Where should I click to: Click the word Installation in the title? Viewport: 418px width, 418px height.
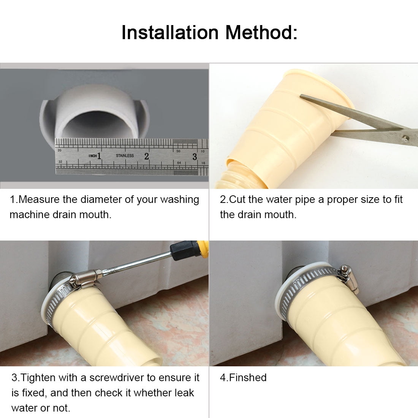(170, 33)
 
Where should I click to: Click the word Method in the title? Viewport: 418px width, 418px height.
(258, 33)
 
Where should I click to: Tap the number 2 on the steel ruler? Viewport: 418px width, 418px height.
(147, 156)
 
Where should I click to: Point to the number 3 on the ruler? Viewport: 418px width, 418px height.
(195, 157)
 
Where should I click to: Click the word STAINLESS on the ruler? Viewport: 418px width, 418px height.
(125, 155)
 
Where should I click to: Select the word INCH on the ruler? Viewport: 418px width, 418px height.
(93, 156)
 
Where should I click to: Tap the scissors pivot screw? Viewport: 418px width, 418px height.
(405, 138)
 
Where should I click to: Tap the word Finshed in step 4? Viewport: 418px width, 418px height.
(248, 377)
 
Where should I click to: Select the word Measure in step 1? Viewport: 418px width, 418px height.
(39, 199)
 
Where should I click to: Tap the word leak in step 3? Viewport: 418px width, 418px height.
(184, 393)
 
